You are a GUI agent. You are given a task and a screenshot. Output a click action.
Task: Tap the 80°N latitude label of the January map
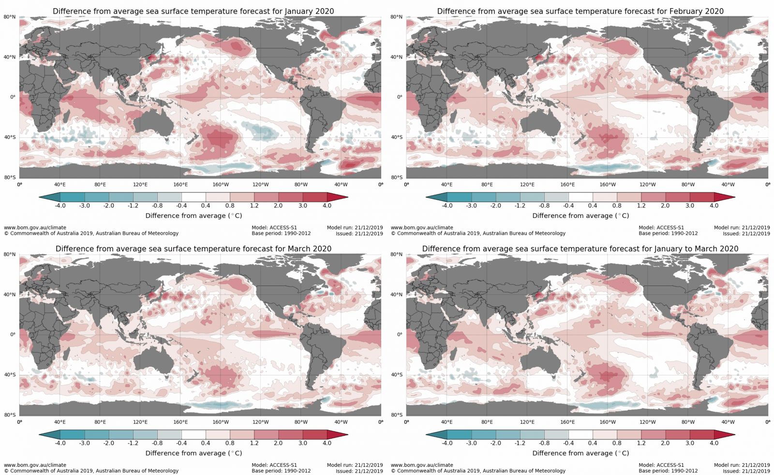point(10,17)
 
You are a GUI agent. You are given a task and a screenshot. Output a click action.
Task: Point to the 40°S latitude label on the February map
point(397,137)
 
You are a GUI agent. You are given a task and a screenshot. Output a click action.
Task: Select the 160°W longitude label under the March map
point(221,422)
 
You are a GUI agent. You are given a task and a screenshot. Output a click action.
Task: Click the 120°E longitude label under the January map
point(140,185)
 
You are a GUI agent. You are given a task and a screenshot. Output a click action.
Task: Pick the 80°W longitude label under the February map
point(688,185)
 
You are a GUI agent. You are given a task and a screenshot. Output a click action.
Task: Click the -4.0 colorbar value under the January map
point(60,206)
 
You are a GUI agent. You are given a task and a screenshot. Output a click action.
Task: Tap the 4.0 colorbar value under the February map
point(714,206)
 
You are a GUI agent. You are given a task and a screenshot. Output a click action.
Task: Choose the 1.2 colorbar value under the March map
point(254,443)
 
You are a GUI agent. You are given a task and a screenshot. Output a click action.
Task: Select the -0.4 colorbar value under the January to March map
point(568,443)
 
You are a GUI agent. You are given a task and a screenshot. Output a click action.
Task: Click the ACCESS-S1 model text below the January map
point(283,228)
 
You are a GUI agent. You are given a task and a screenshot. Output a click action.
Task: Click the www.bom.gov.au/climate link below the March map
point(35,465)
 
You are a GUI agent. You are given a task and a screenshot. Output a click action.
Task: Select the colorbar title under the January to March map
point(580,453)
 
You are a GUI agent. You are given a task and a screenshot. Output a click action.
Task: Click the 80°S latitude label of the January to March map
point(397,415)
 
